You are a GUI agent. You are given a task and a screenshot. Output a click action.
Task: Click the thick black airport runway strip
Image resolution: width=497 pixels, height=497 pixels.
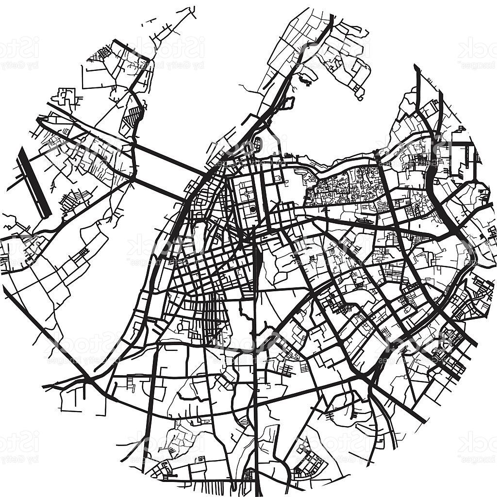click(x=34, y=182)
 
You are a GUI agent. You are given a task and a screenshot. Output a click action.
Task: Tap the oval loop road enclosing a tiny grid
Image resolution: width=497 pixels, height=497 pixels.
click(x=257, y=144)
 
